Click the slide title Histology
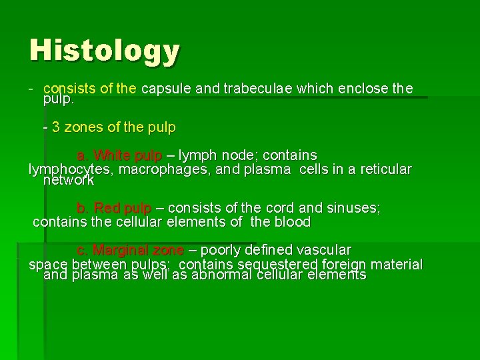point(105,51)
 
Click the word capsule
point(165,89)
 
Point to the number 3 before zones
point(55,127)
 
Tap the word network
point(69,180)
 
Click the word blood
point(289,222)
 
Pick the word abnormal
point(222,275)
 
